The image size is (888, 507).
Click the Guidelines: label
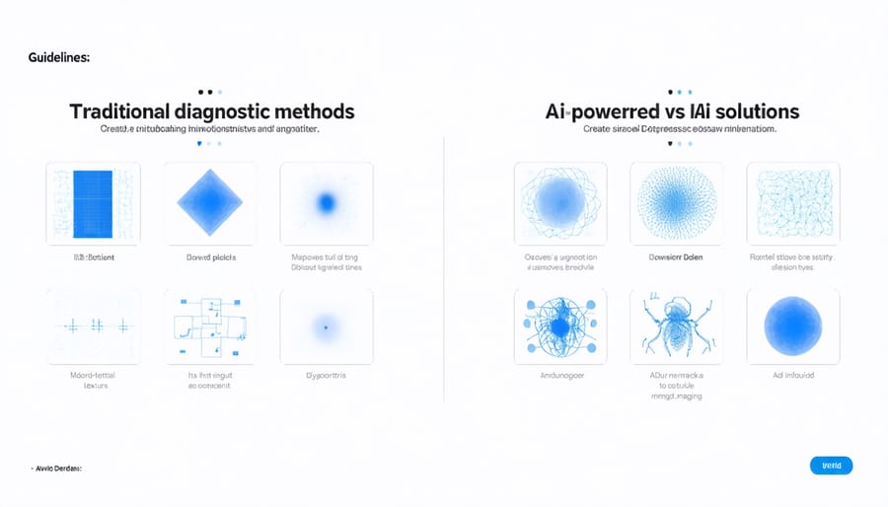pos(59,58)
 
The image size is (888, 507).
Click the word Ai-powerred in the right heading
pos(604,111)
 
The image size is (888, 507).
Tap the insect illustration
pos(677,326)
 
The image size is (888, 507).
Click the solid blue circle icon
pos(793,326)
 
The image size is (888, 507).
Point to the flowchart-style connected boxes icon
pos(209,326)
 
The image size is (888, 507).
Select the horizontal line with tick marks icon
pos(93,325)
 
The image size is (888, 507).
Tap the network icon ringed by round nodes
pos(560,326)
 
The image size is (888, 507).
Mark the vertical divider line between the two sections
pos(445,266)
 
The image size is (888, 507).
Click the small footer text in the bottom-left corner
pos(56,468)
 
